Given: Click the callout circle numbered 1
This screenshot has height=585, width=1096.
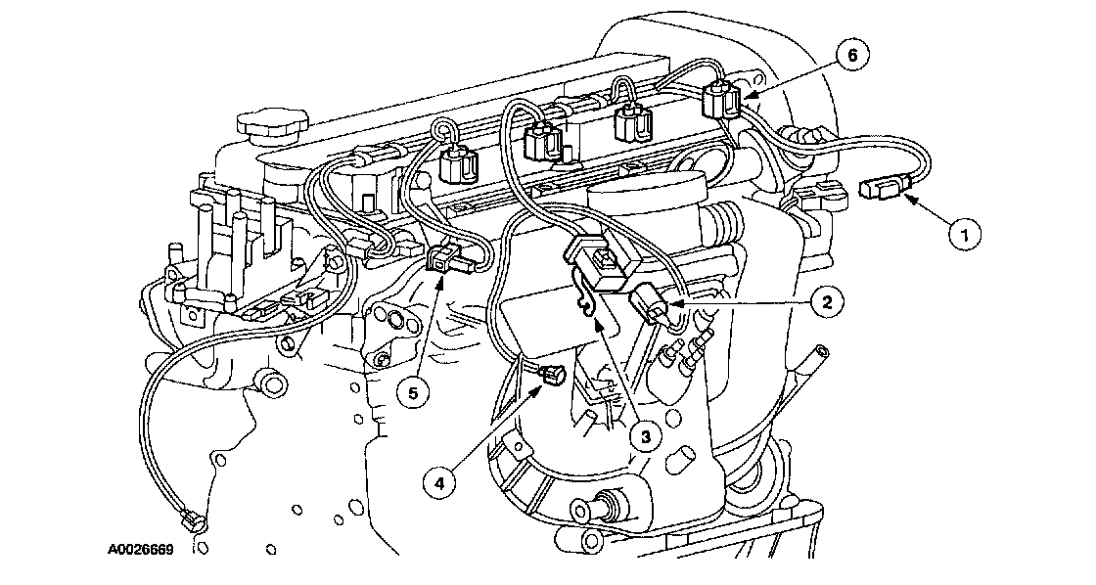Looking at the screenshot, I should pos(964,234).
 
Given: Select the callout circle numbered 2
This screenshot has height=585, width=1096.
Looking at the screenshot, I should pos(827,302).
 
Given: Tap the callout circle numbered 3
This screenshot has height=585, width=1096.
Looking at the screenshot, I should pos(642,437).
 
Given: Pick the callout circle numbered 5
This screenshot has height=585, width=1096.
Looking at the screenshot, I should pos(413,393).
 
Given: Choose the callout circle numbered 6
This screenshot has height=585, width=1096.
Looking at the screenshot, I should pos(851,56).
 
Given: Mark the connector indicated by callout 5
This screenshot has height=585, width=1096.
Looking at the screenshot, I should pos(445,260).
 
